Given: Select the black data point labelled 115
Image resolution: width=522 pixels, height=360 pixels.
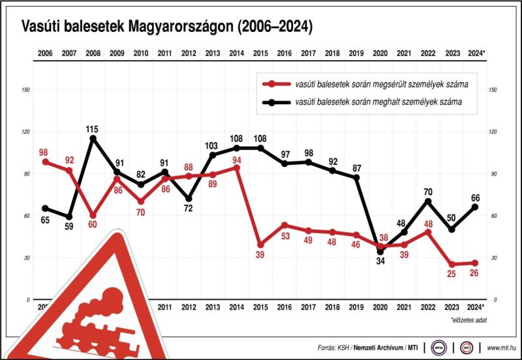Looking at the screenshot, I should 93,138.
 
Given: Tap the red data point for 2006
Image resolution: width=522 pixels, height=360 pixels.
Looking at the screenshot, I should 45,162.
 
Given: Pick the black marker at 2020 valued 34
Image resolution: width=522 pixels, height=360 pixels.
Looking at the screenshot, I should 380,252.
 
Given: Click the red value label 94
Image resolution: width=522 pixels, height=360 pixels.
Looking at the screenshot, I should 236,158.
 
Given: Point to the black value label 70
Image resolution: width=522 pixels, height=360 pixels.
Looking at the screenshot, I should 428,192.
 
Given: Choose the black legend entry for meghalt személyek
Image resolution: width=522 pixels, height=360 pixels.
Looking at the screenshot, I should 369,102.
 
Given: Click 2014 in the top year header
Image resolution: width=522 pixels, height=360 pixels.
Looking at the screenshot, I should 236,53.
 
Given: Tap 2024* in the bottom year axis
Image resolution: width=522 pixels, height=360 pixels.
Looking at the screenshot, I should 476,307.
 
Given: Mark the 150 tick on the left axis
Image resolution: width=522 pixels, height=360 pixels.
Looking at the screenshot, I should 26,89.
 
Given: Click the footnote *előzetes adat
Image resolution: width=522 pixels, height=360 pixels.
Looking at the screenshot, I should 468,320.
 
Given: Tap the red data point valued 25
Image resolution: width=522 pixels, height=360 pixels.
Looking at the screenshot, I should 452,264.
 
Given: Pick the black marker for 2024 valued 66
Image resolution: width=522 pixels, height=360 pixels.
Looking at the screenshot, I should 475,207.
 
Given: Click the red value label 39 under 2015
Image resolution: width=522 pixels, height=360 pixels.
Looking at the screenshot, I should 260,254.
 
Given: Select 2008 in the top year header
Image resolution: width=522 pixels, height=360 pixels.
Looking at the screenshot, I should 93,53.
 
